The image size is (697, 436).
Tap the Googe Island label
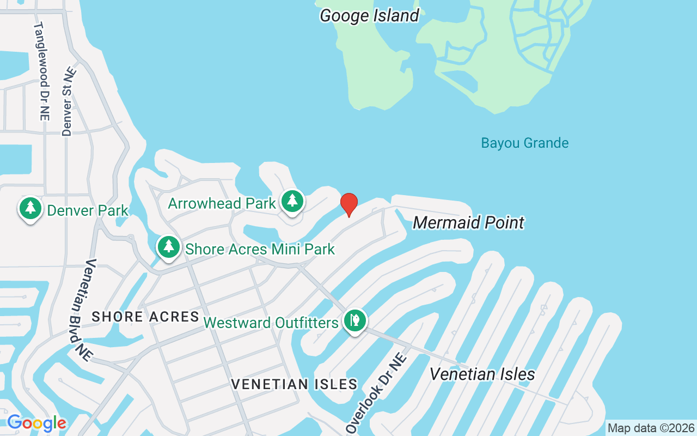[x=369, y=15]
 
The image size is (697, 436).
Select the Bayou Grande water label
[x=524, y=143]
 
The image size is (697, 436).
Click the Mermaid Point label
[x=468, y=222]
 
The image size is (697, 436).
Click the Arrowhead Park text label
[x=222, y=204]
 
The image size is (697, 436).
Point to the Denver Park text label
[x=88, y=210]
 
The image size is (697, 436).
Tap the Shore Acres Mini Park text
[x=260, y=250]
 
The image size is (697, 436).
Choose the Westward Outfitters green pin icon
[x=355, y=320]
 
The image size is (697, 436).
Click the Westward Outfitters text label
[x=271, y=323]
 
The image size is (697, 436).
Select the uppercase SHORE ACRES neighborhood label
[x=145, y=317]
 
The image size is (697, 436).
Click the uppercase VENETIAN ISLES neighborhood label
[x=294, y=384]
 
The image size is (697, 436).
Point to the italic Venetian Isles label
[x=482, y=374]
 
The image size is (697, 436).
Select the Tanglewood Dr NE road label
[x=41, y=71]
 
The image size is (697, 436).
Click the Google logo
[x=36, y=423]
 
